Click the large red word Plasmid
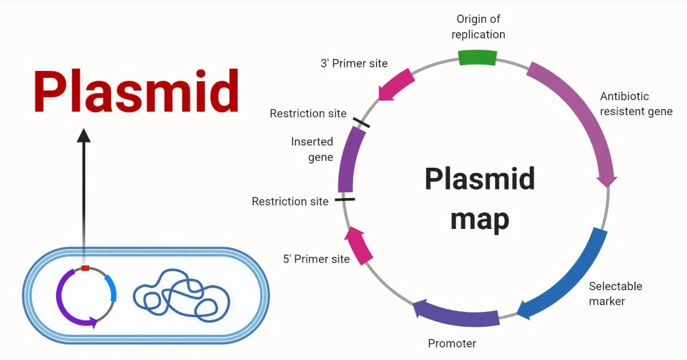tap(136, 92)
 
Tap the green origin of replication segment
tap(477, 57)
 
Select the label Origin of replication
tap(478, 27)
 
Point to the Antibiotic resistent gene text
tap(635, 104)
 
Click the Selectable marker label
tap(615, 293)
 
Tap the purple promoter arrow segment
tap(455, 314)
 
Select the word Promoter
tap(452, 343)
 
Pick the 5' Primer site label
tap(316, 259)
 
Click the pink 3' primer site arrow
tap(397, 85)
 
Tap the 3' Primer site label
tap(354, 63)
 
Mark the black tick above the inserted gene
tap(361, 122)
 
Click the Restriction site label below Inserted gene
tap(290, 201)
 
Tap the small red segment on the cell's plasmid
tap(85, 268)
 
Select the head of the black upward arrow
tap(84, 136)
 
